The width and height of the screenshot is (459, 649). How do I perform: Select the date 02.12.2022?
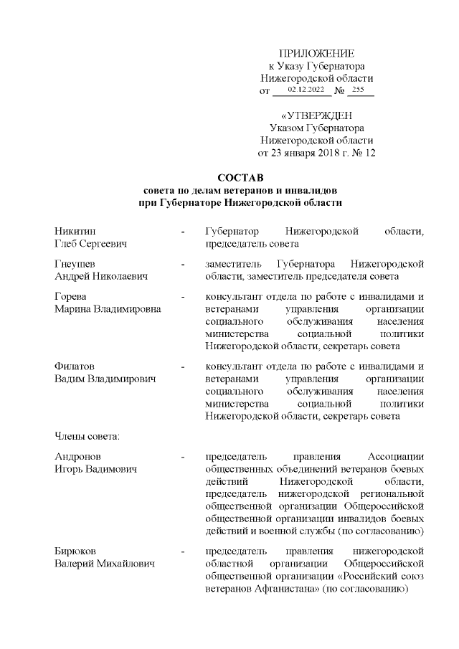click(306, 90)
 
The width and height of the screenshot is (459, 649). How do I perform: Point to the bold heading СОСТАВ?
click(240, 177)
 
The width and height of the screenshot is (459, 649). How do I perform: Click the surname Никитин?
click(75, 232)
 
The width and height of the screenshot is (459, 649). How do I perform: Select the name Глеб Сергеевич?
click(90, 244)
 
